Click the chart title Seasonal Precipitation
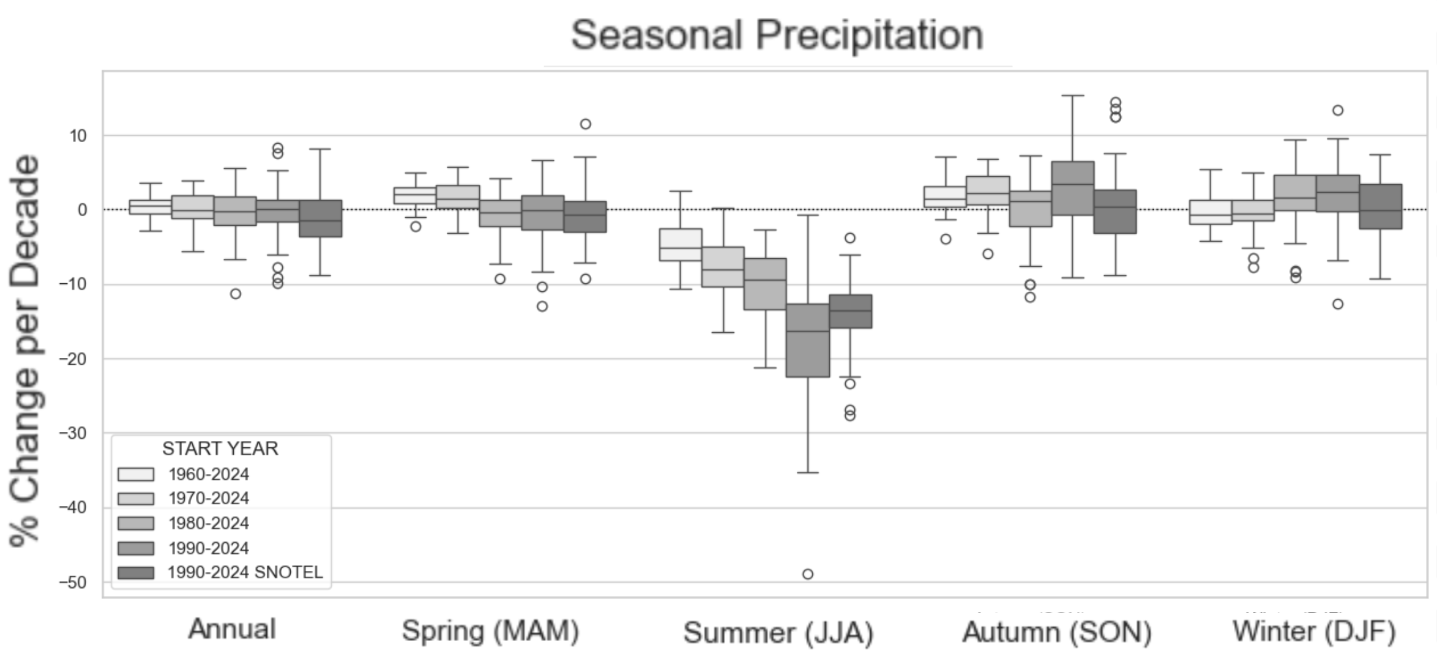[x=777, y=35]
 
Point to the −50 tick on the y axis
[x=72, y=582]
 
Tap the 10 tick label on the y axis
[x=78, y=136]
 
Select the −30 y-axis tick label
[x=72, y=433]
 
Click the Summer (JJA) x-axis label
[x=778, y=633]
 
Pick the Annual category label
[x=232, y=630]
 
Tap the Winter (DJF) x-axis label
[x=1314, y=631]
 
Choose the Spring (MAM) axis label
[x=490, y=631]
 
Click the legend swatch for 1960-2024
[x=136, y=474]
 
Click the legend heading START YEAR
[x=220, y=448]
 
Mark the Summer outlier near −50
[x=808, y=574]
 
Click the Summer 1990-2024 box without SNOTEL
[x=808, y=340]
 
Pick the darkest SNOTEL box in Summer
[x=850, y=311]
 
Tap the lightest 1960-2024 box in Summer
[x=681, y=245]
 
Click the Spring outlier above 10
[x=585, y=124]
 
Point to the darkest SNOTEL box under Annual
[x=321, y=218]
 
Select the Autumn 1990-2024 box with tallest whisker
[x=1073, y=188]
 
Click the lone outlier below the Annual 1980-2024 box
[x=236, y=294]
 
